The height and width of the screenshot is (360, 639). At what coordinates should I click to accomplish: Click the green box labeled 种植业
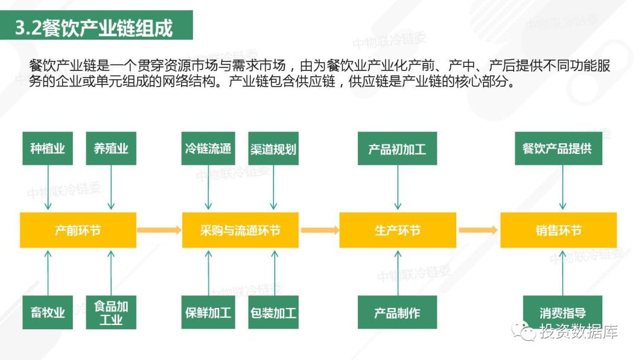tap(48, 149)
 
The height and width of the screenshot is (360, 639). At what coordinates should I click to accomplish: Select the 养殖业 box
tap(111, 149)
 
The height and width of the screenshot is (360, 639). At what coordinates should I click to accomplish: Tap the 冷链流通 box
tap(208, 149)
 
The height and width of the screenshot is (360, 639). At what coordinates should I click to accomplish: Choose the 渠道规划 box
tap(273, 149)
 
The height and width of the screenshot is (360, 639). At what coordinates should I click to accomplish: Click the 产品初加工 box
tap(398, 149)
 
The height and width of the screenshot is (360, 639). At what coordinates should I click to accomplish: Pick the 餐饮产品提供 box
tap(559, 149)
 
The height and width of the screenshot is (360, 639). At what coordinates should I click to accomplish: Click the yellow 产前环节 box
tap(78, 230)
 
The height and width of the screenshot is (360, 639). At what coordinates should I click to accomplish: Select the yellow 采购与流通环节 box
tap(240, 230)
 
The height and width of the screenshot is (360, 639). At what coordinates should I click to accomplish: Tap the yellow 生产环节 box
tap(398, 230)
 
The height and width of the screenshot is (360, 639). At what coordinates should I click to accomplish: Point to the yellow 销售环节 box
tap(559, 230)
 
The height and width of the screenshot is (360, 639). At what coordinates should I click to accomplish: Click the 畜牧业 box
tap(48, 312)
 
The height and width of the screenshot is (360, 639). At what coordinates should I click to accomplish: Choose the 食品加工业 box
tap(111, 312)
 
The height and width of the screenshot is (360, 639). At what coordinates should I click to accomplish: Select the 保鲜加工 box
tap(208, 312)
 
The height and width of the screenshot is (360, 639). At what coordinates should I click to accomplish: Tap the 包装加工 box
tap(273, 312)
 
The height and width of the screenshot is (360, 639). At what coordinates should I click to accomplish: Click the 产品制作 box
tap(398, 312)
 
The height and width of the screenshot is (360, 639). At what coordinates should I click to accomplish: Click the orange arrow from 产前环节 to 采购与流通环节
tap(159, 230)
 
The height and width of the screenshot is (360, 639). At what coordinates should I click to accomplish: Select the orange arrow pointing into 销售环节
tap(478, 230)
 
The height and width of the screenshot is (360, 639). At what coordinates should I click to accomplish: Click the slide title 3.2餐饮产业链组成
tap(93, 28)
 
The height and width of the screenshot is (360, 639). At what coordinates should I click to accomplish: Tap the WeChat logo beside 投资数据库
tap(523, 330)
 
